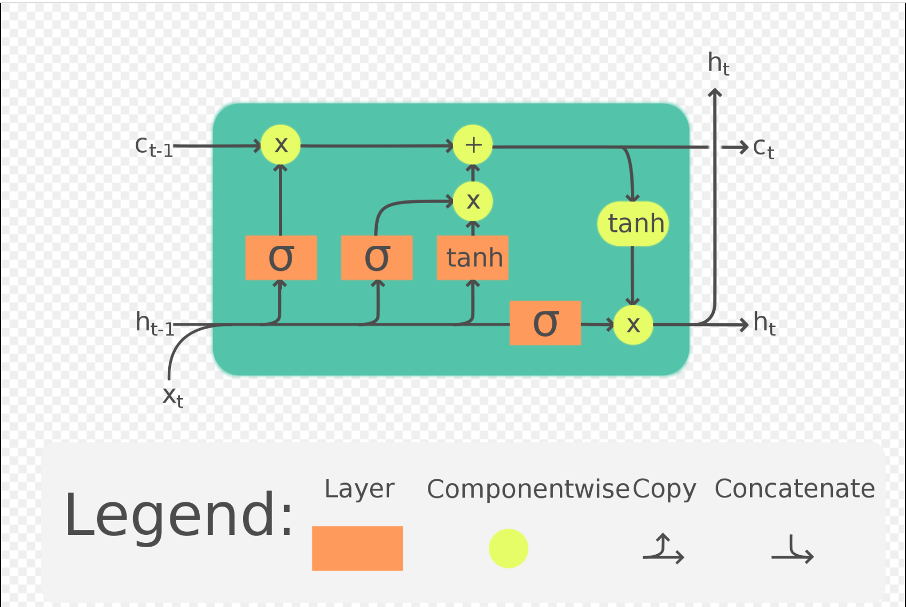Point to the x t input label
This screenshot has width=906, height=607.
coord(173,396)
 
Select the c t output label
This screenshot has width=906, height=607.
coord(763,147)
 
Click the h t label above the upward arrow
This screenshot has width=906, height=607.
coord(718,64)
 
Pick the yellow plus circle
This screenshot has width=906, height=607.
coord(473,145)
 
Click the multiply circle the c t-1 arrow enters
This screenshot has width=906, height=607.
coord(281,145)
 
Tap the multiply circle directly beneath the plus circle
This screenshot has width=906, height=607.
coord(473,201)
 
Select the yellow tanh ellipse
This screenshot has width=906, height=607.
coord(634,223)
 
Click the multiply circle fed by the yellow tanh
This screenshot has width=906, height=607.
coord(633,324)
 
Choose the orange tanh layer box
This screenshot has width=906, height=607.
coord(473,258)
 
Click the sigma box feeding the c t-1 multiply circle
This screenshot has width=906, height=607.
coord(281,258)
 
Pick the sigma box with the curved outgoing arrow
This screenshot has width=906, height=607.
coord(377,258)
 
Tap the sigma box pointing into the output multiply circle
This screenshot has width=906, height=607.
coord(545,323)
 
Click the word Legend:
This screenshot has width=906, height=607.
coord(179,515)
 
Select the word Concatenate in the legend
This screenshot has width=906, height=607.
coord(795,488)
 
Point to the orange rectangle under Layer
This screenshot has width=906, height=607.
coord(357,548)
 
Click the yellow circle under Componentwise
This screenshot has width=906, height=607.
coord(509,548)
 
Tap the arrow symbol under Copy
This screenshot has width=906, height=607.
coord(663,549)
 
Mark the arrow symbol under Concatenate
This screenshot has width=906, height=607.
coord(793,550)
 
